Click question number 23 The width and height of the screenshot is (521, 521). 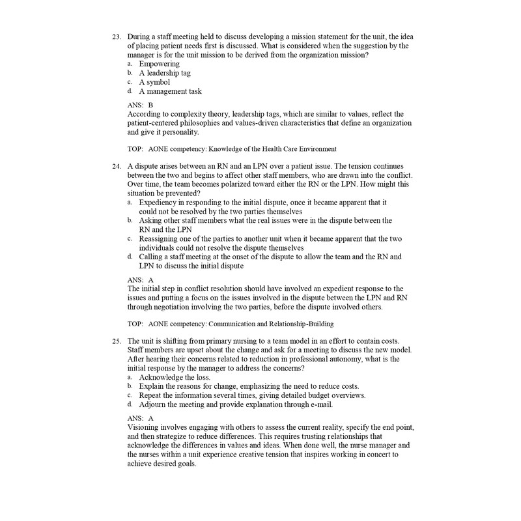click(x=117, y=36)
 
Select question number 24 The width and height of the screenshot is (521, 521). click(x=117, y=167)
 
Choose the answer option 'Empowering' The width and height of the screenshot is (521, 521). click(x=160, y=64)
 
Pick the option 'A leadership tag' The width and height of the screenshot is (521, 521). click(x=165, y=73)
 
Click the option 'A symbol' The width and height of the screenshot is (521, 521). click(x=154, y=82)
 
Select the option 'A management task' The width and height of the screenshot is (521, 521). click(x=171, y=91)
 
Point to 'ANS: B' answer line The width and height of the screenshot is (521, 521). click(x=141, y=104)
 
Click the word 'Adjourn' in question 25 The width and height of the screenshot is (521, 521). click(x=154, y=404)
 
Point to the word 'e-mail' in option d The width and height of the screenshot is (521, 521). click(x=320, y=404)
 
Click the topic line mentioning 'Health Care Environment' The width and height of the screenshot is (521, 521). click(x=232, y=149)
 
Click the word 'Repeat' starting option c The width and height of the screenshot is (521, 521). click(x=152, y=395)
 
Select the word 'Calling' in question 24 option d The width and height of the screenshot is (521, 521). click(x=152, y=257)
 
